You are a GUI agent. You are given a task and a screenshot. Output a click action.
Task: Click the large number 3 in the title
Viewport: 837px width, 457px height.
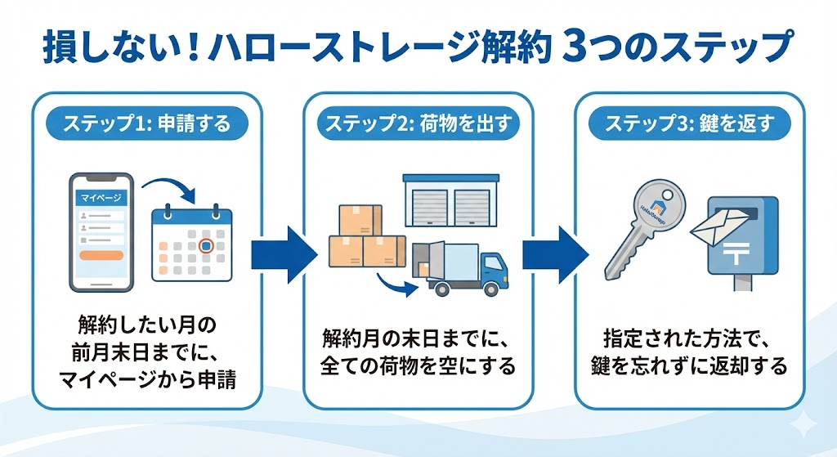(x=578, y=48)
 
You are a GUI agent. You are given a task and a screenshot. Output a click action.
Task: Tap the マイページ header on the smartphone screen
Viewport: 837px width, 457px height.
(x=101, y=199)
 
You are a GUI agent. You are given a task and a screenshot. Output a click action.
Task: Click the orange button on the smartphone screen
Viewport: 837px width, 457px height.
(x=101, y=255)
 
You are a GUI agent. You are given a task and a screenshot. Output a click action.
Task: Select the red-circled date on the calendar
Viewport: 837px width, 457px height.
(x=206, y=244)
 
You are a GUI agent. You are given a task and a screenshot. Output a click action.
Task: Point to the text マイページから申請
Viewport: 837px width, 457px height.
(x=147, y=380)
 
